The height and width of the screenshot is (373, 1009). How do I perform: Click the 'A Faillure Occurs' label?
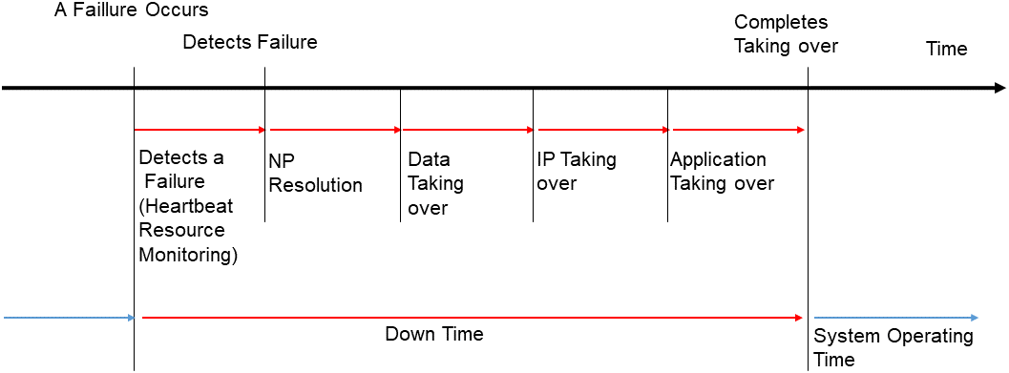[132, 12]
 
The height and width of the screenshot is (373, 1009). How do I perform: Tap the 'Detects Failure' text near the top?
[249, 43]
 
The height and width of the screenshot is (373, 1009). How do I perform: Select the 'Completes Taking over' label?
[785, 33]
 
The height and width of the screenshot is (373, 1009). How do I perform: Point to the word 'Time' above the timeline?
[946, 49]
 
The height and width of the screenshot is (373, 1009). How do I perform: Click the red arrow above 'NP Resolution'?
[334, 129]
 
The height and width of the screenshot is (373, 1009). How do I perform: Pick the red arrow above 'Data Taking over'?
[467, 129]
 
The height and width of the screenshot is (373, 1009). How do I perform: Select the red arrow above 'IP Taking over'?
[601, 129]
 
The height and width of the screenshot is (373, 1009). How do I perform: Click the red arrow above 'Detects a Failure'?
[200, 129]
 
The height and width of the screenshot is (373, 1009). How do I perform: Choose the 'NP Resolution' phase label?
[315, 173]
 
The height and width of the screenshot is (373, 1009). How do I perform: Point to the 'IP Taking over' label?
[576, 171]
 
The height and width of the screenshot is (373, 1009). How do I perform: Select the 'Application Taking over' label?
[722, 172]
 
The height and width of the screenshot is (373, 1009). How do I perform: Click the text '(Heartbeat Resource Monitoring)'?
[188, 231]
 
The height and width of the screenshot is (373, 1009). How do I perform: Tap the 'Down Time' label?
[434, 334]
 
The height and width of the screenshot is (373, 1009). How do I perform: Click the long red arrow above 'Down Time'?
[472, 317]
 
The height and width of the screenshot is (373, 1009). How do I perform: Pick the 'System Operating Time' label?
[893, 347]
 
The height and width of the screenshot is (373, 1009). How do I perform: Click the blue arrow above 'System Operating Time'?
[895, 317]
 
